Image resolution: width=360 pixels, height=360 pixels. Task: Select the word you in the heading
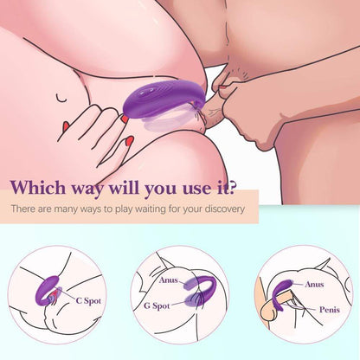[165, 189]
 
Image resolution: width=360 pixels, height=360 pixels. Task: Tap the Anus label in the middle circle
[169, 280]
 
